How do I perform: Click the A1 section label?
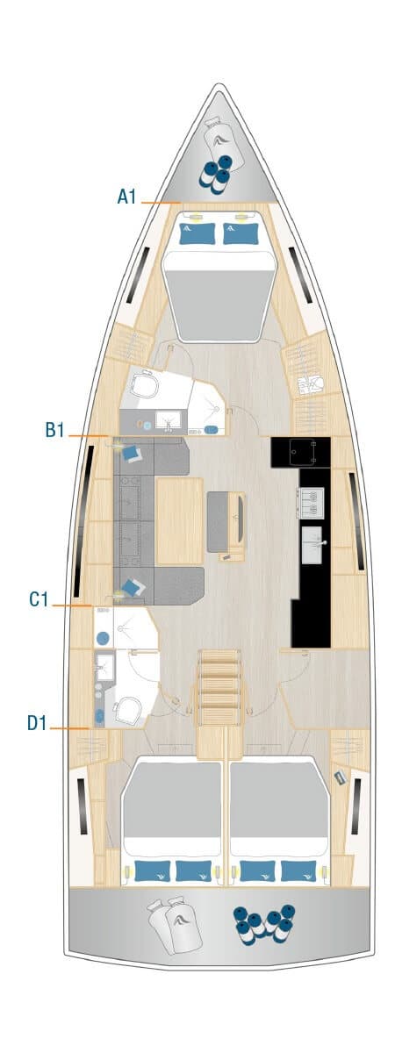[126, 197]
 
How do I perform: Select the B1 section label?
[54, 430]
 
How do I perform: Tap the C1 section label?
[39, 599]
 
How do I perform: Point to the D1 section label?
[37, 723]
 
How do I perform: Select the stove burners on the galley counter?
[308, 502]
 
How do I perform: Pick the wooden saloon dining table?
[179, 520]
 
